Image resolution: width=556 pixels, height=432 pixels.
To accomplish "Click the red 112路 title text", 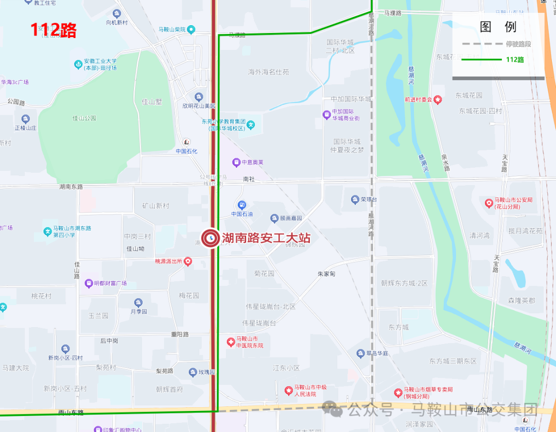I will point(53,30).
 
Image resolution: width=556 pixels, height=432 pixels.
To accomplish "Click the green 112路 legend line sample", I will point(481,60).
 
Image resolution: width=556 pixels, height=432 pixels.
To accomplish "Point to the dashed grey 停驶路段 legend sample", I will point(481,44).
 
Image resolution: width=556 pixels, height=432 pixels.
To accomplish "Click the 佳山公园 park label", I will point(84,118).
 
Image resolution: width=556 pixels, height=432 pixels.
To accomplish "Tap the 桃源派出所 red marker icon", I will point(188,261).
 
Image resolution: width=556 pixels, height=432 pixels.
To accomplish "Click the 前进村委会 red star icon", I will point(438,100).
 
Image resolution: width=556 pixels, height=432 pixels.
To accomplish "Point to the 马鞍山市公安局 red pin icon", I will point(489,203).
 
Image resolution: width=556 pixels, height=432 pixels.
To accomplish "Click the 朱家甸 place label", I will point(326,274).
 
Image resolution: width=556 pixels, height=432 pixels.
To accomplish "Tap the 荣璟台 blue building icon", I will point(355,199).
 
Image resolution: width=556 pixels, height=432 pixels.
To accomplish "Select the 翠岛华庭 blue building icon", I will point(360,353).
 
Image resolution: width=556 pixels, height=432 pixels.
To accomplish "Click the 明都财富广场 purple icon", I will point(89,283).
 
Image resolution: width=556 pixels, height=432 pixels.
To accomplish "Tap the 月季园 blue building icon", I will point(138,302).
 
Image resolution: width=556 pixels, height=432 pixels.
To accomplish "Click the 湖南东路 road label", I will point(71,187).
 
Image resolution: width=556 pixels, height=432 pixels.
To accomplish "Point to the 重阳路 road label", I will point(180,334).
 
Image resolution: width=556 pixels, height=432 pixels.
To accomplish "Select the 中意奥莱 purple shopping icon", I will point(236,163).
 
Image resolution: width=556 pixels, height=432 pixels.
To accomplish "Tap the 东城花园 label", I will point(468,96).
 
